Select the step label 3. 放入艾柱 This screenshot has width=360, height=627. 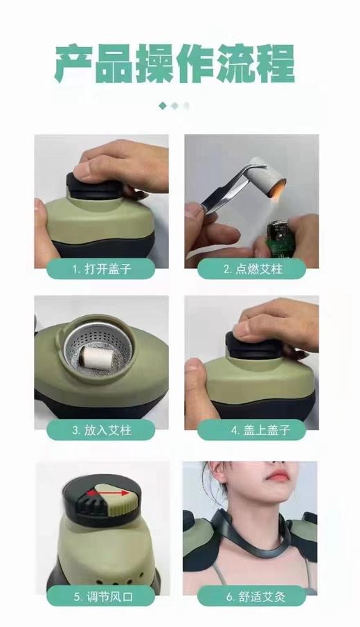101,430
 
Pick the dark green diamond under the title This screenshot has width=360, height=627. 163,106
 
